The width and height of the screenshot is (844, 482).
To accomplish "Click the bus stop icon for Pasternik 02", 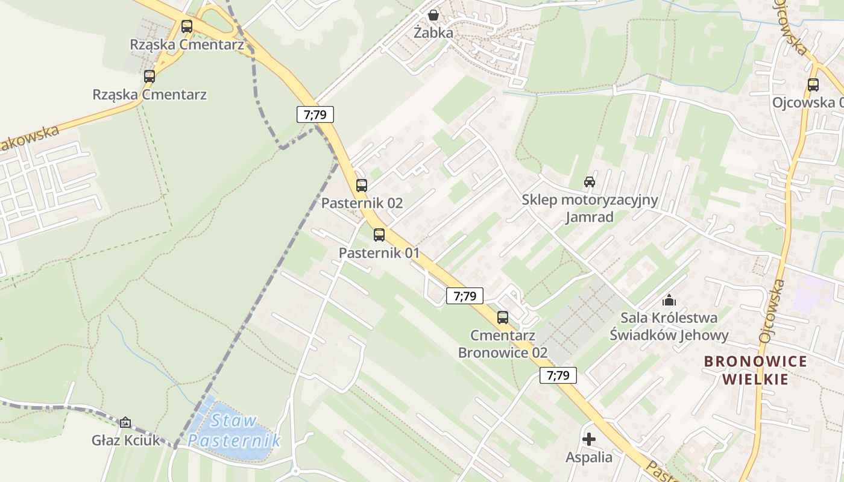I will pyautogui.click(x=362, y=186).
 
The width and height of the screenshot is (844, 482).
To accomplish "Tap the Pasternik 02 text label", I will pyautogui.click(x=362, y=203).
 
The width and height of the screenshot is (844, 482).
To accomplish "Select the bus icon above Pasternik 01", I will pyautogui.click(x=379, y=235).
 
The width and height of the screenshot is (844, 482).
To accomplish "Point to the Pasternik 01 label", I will pyautogui.click(x=379, y=252).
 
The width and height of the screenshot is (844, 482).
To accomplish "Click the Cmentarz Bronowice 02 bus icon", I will pyautogui.click(x=503, y=318).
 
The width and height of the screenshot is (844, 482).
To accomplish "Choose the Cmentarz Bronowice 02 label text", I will pyautogui.click(x=503, y=343).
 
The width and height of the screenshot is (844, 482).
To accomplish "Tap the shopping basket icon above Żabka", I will pyautogui.click(x=433, y=15).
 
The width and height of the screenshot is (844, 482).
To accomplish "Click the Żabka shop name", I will pyautogui.click(x=433, y=33).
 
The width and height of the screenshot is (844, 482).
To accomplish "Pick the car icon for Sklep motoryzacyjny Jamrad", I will pyautogui.click(x=590, y=182).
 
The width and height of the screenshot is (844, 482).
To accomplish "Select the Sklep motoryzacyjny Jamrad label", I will pyautogui.click(x=590, y=208).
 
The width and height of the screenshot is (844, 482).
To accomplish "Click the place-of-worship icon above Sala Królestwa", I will pyautogui.click(x=669, y=300).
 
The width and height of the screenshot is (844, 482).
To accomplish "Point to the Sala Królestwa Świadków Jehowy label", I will pyautogui.click(x=669, y=326).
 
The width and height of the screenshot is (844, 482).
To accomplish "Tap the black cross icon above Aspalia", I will pyautogui.click(x=589, y=439).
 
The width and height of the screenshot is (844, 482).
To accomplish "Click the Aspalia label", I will pyautogui.click(x=589, y=457).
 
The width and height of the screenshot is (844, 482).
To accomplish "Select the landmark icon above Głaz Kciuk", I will pyautogui.click(x=125, y=422).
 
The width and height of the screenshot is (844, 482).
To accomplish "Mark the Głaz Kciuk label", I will pyautogui.click(x=126, y=440).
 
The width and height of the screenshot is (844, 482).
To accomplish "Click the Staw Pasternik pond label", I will pyautogui.click(x=234, y=430).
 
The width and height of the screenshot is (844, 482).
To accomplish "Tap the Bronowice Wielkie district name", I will pyautogui.click(x=755, y=370).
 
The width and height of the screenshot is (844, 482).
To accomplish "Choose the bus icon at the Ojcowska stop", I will pyautogui.click(x=813, y=85).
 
